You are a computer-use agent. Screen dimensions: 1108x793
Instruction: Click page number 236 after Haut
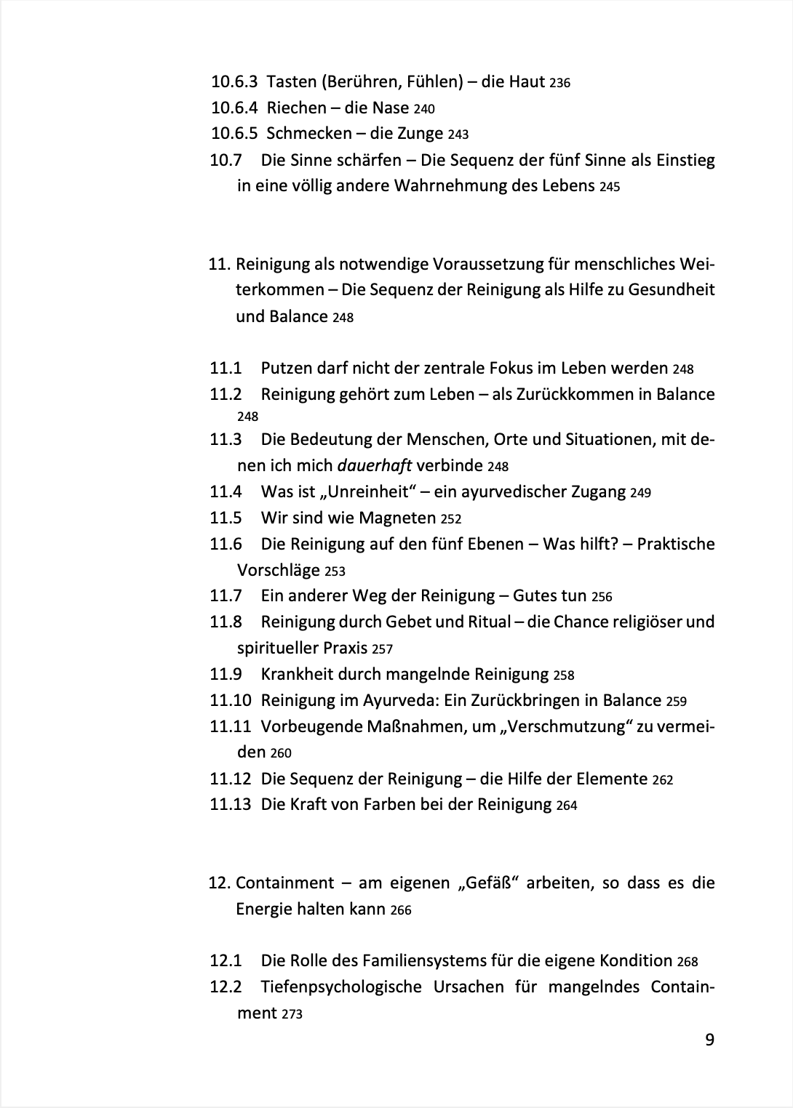[x=559, y=83]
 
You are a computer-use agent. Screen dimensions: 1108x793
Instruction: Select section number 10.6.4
[x=234, y=108]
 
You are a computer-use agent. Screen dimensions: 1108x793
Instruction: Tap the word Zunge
[x=419, y=133]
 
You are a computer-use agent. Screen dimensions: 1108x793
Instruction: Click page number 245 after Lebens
[x=610, y=187]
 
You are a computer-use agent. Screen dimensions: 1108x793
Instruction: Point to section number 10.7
[x=226, y=159]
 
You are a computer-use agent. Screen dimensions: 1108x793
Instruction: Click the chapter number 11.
[x=219, y=263]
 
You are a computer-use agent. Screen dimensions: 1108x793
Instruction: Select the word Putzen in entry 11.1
[x=285, y=368]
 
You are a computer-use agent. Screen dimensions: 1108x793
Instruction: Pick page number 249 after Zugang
[x=640, y=493]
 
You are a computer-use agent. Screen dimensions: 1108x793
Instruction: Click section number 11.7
[x=226, y=595]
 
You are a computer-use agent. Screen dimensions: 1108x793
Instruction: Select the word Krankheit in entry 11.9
[x=297, y=674]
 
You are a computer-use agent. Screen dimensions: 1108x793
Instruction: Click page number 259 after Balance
[x=676, y=702]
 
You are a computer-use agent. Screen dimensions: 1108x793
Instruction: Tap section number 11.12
[x=230, y=779]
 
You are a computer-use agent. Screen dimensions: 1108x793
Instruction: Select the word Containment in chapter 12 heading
[x=284, y=883]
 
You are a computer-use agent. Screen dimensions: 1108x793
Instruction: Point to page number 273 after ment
[x=291, y=1014]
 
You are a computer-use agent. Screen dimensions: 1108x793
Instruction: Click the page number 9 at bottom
[x=709, y=1040]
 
